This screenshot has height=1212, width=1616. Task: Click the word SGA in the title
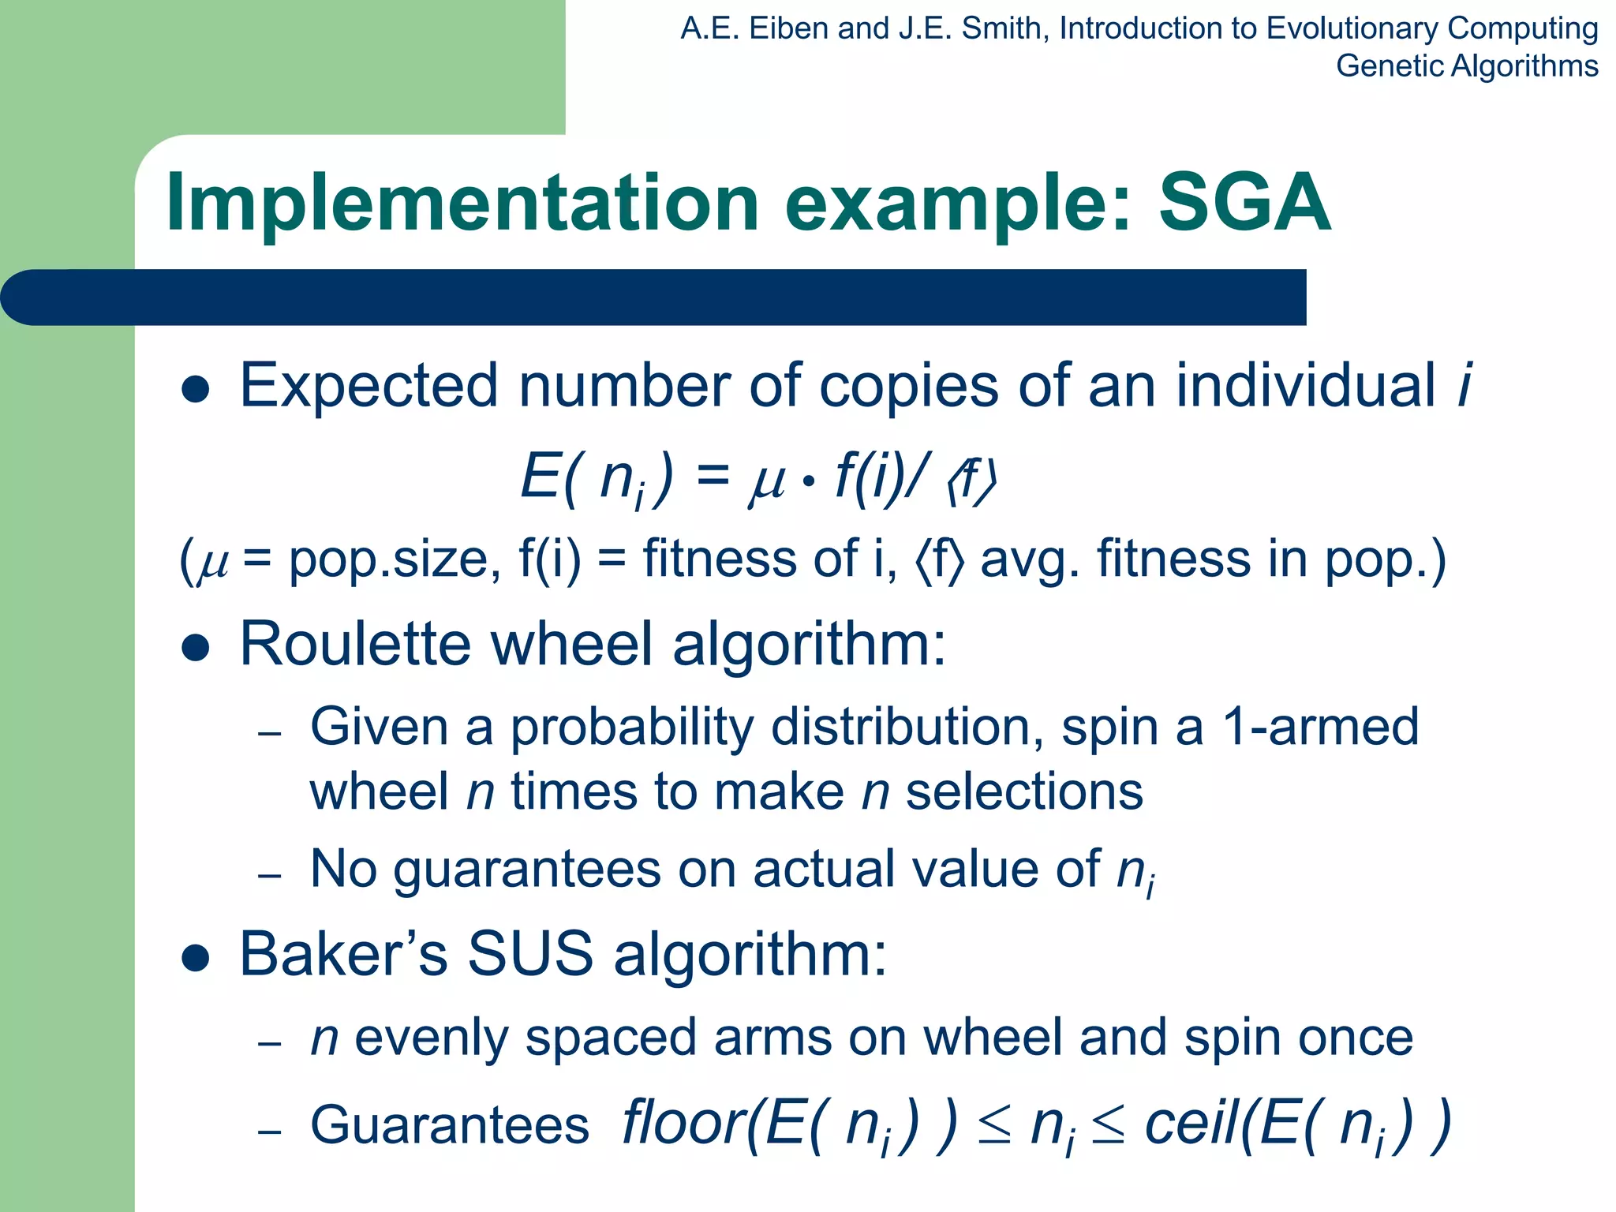1244,204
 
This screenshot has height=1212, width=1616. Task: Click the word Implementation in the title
462,204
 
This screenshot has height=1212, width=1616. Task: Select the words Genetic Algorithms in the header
1467,65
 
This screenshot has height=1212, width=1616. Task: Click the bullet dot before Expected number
195,390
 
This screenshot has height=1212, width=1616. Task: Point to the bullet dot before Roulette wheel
195,648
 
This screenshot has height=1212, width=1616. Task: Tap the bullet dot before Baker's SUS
195,958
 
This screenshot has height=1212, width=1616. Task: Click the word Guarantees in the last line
450,1125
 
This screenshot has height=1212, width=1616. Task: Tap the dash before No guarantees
270,875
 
